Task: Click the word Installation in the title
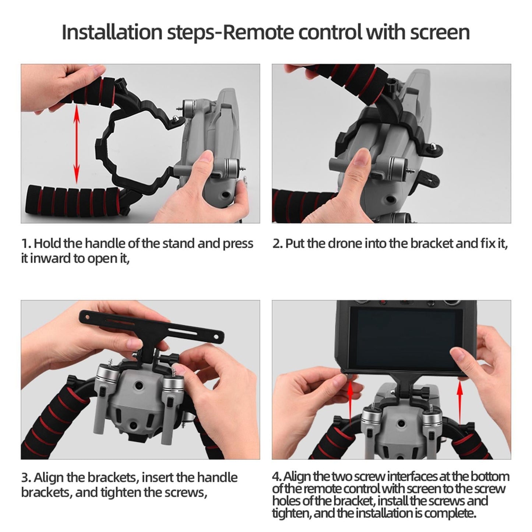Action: point(112,32)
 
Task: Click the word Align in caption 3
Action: point(50,478)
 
